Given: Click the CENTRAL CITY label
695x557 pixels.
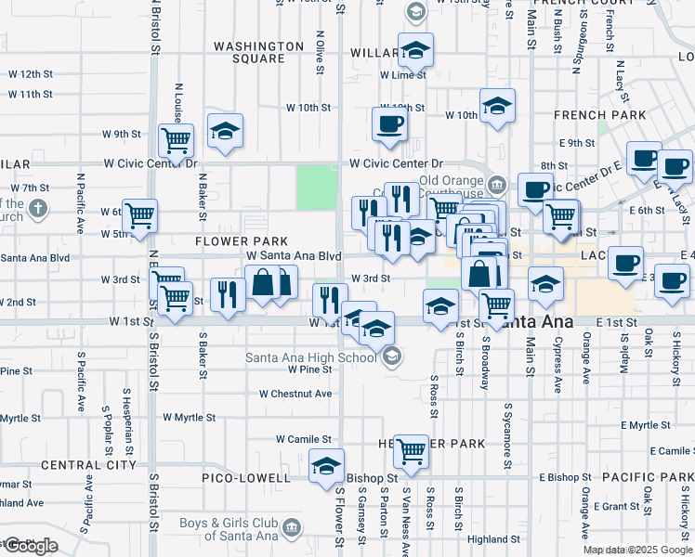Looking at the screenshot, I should (89, 464).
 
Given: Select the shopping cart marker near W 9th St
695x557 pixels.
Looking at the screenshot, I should (176, 140).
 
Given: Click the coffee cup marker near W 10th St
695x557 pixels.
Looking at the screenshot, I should (389, 123).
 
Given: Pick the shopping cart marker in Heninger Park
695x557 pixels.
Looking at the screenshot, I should (411, 451).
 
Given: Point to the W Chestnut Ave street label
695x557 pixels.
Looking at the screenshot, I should (295, 394).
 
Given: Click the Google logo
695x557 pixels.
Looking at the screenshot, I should (30, 546).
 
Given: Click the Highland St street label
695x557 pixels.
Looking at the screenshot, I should (493, 539).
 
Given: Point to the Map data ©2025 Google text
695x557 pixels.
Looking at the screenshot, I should (636, 550).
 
